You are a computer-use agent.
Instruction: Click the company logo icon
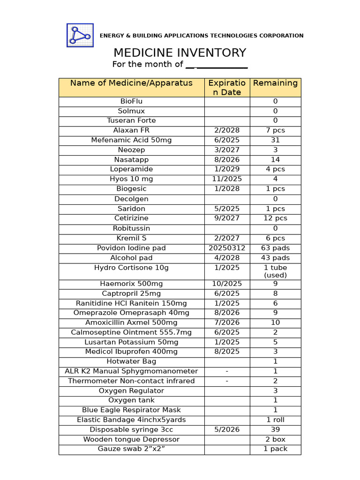pos(80,35)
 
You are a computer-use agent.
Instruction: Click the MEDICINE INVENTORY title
pos(180,52)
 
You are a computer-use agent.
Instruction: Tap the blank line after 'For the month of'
pos(217,65)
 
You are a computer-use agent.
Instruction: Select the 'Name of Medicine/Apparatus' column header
pos(131,83)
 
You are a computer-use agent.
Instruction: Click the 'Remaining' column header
pos(275,83)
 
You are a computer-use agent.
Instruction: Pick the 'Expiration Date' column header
pos(227,88)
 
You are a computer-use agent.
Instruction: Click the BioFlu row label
pos(131,101)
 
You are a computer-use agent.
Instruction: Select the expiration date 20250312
pos(227,248)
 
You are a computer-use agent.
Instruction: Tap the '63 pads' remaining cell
pos(275,248)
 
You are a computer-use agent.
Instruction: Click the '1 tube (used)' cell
pos(275,271)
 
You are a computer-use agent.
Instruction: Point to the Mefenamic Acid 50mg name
pos(131,140)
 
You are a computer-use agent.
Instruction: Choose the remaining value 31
pos(275,140)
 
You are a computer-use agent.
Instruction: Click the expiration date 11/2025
pos(227,179)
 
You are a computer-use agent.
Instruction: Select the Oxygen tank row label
pos(131,400)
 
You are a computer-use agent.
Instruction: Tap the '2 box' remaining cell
pos(275,439)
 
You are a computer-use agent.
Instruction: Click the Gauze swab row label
pos(131,449)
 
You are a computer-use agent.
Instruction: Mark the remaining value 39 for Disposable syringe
pos(275,429)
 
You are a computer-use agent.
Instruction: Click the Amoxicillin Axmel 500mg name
pos(131,322)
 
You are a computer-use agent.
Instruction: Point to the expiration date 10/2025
pos(227,284)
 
